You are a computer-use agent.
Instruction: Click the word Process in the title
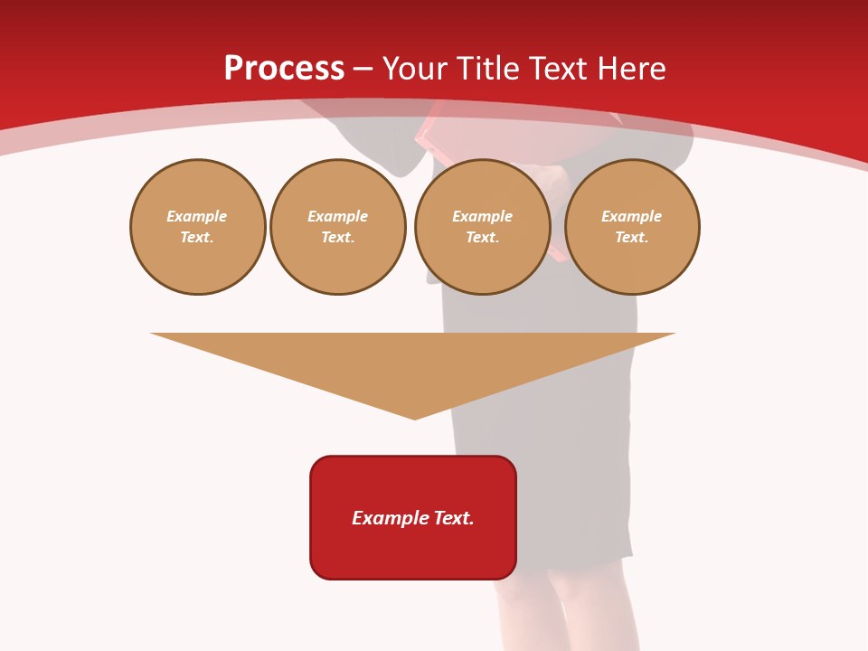point(284,69)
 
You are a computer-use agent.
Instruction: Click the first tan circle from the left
point(197,227)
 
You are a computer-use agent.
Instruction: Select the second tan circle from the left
point(337,227)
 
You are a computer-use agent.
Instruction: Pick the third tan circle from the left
point(482,227)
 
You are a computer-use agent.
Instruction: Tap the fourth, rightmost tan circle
point(631,227)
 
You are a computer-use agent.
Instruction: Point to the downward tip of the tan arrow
point(414,417)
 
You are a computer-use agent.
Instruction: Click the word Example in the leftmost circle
point(197,217)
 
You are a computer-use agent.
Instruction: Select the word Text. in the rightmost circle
point(631,238)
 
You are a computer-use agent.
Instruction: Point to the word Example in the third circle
point(482,217)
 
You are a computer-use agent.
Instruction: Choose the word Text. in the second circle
point(337,238)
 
